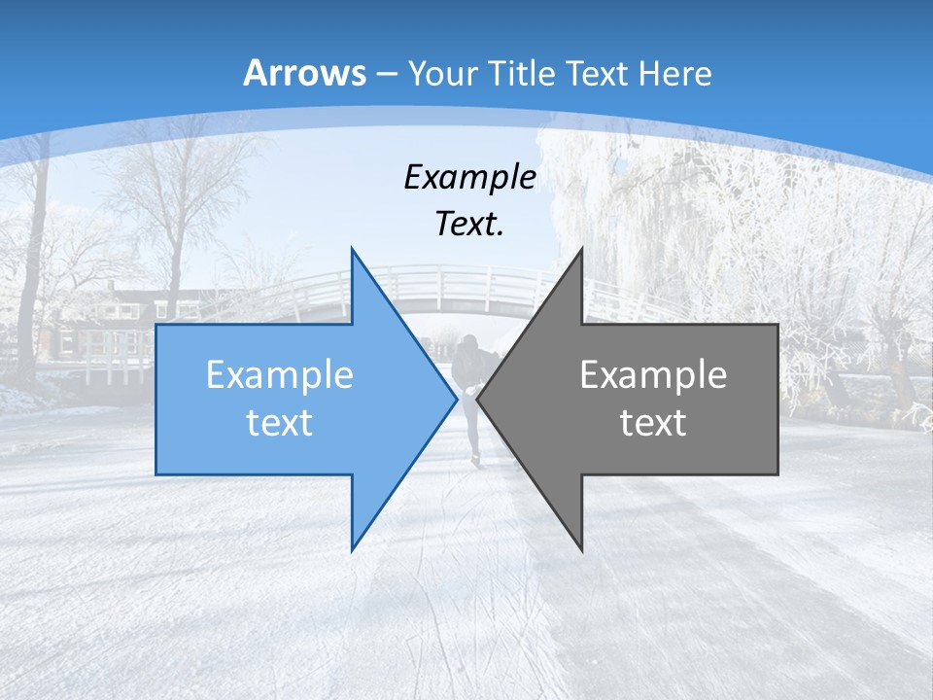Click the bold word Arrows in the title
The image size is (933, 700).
pyautogui.click(x=304, y=73)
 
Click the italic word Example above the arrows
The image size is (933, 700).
pyautogui.click(x=469, y=178)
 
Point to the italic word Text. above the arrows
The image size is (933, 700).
pyautogui.click(x=469, y=225)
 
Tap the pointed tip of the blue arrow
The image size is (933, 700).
pyautogui.click(x=455, y=399)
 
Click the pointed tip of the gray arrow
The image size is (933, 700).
pyautogui.click(x=479, y=399)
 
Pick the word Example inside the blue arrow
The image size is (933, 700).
pyautogui.click(x=280, y=375)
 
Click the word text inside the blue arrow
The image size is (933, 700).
pyautogui.click(x=280, y=423)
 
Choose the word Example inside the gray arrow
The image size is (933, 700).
pyautogui.click(x=653, y=375)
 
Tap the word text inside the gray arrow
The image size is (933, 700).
pyautogui.click(x=653, y=423)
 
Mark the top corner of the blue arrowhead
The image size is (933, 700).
pyautogui.click(x=352, y=250)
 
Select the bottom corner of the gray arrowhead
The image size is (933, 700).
pyautogui.click(x=582, y=549)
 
